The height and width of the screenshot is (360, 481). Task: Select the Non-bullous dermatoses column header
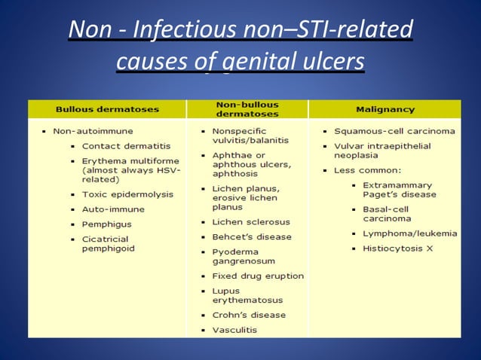coord(247,109)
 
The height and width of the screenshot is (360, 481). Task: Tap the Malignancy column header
coord(384,109)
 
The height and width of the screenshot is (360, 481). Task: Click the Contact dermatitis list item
coord(126,145)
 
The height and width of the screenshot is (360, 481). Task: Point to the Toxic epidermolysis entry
coord(127,194)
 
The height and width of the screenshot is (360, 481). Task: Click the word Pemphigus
coord(106,224)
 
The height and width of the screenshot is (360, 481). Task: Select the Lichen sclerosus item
coord(251,222)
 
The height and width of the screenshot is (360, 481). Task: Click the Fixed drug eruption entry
coord(258,276)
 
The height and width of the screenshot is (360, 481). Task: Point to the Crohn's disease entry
coord(249,315)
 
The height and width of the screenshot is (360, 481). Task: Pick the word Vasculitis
coord(234,330)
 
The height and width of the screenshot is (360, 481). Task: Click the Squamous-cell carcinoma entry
coord(394,130)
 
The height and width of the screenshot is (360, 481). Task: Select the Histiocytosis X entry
coord(399,248)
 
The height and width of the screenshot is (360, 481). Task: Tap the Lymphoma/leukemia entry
coord(409,233)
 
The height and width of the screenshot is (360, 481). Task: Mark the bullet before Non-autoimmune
coord(44,131)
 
